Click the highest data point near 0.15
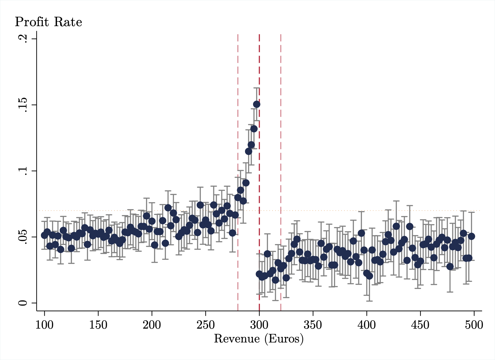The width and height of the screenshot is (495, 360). click(x=256, y=104)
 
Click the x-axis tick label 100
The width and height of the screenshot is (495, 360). click(x=44, y=325)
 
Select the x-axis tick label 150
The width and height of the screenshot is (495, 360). click(x=98, y=325)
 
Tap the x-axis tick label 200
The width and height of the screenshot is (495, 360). click(x=152, y=325)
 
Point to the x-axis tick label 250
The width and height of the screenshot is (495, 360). click(x=205, y=325)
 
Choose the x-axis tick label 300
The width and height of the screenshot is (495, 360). click(x=259, y=325)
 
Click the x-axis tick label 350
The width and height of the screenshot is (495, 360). click(x=313, y=325)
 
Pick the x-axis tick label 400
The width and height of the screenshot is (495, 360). click(x=367, y=325)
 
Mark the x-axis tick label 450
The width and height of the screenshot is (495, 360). click(x=420, y=325)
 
